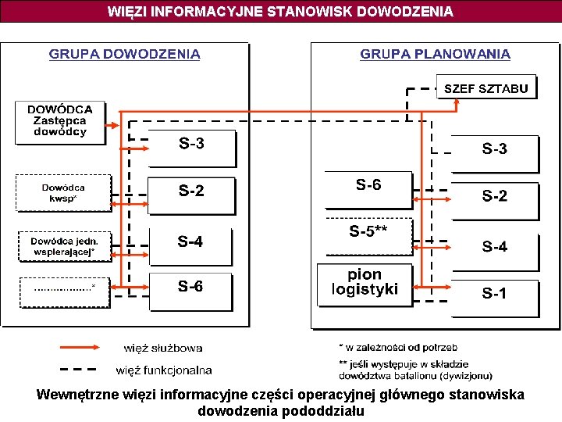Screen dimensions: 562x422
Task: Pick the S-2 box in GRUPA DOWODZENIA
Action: coord(191,194)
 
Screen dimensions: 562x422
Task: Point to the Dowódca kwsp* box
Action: coord(64,193)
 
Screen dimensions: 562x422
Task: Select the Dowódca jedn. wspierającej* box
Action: coord(64,246)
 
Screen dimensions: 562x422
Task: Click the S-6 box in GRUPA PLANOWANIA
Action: coord(368,189)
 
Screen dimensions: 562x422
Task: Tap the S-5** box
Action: coord(368,236)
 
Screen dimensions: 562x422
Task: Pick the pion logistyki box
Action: coord(365,284)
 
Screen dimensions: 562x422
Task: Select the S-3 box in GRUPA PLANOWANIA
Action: coord(494,152)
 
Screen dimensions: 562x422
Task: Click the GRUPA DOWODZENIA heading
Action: coord(125,54)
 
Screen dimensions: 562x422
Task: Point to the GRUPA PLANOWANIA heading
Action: coord(435,54)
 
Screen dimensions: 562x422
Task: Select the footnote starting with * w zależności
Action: coord(398,346)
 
